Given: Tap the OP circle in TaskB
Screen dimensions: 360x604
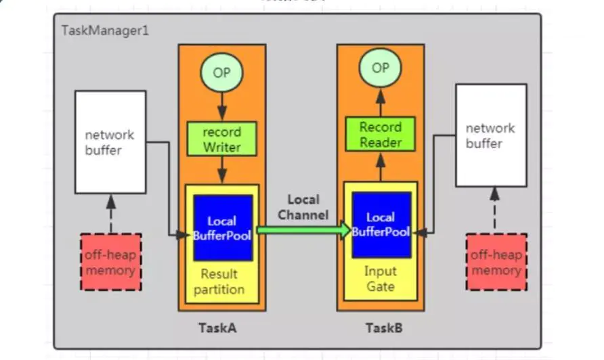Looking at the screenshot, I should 381,68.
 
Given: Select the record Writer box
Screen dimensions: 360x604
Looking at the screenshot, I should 221,139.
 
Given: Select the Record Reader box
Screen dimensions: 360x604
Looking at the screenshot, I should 381,134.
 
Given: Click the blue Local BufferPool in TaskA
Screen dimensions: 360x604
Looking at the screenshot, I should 222,228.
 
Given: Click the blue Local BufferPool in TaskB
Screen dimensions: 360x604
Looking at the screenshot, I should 381,225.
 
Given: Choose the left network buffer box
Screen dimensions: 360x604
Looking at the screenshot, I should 110,142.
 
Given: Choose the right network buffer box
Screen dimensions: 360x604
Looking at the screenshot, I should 490,135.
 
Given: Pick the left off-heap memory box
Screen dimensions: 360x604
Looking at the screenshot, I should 110,263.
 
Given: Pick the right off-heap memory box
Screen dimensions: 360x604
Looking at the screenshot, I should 496,263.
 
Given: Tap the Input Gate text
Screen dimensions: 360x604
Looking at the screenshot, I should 381,278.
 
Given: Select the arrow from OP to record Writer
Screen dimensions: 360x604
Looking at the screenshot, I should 221,106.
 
